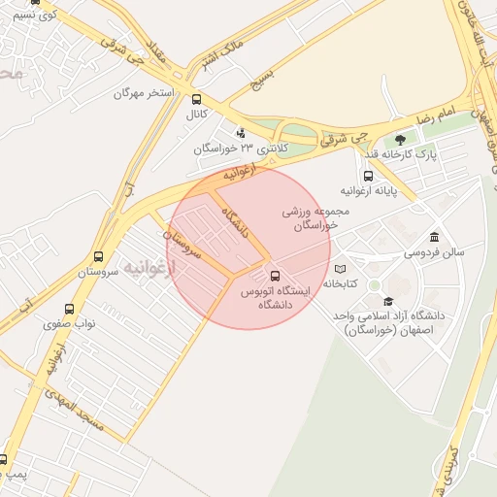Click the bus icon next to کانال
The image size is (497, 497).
click(x=197, y=99)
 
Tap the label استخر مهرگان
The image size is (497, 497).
click(x=143, y=93)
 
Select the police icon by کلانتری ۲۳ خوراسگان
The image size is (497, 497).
click(x=241, y=133)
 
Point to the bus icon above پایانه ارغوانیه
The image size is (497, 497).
click(x=368, y=176)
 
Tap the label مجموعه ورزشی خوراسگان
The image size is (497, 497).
click(x=310, y=216)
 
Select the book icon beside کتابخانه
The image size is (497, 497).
click(x=340, y=269)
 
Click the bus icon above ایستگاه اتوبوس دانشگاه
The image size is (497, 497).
click(x=274, y=276)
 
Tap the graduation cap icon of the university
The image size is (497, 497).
click(x=389, y=302)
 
